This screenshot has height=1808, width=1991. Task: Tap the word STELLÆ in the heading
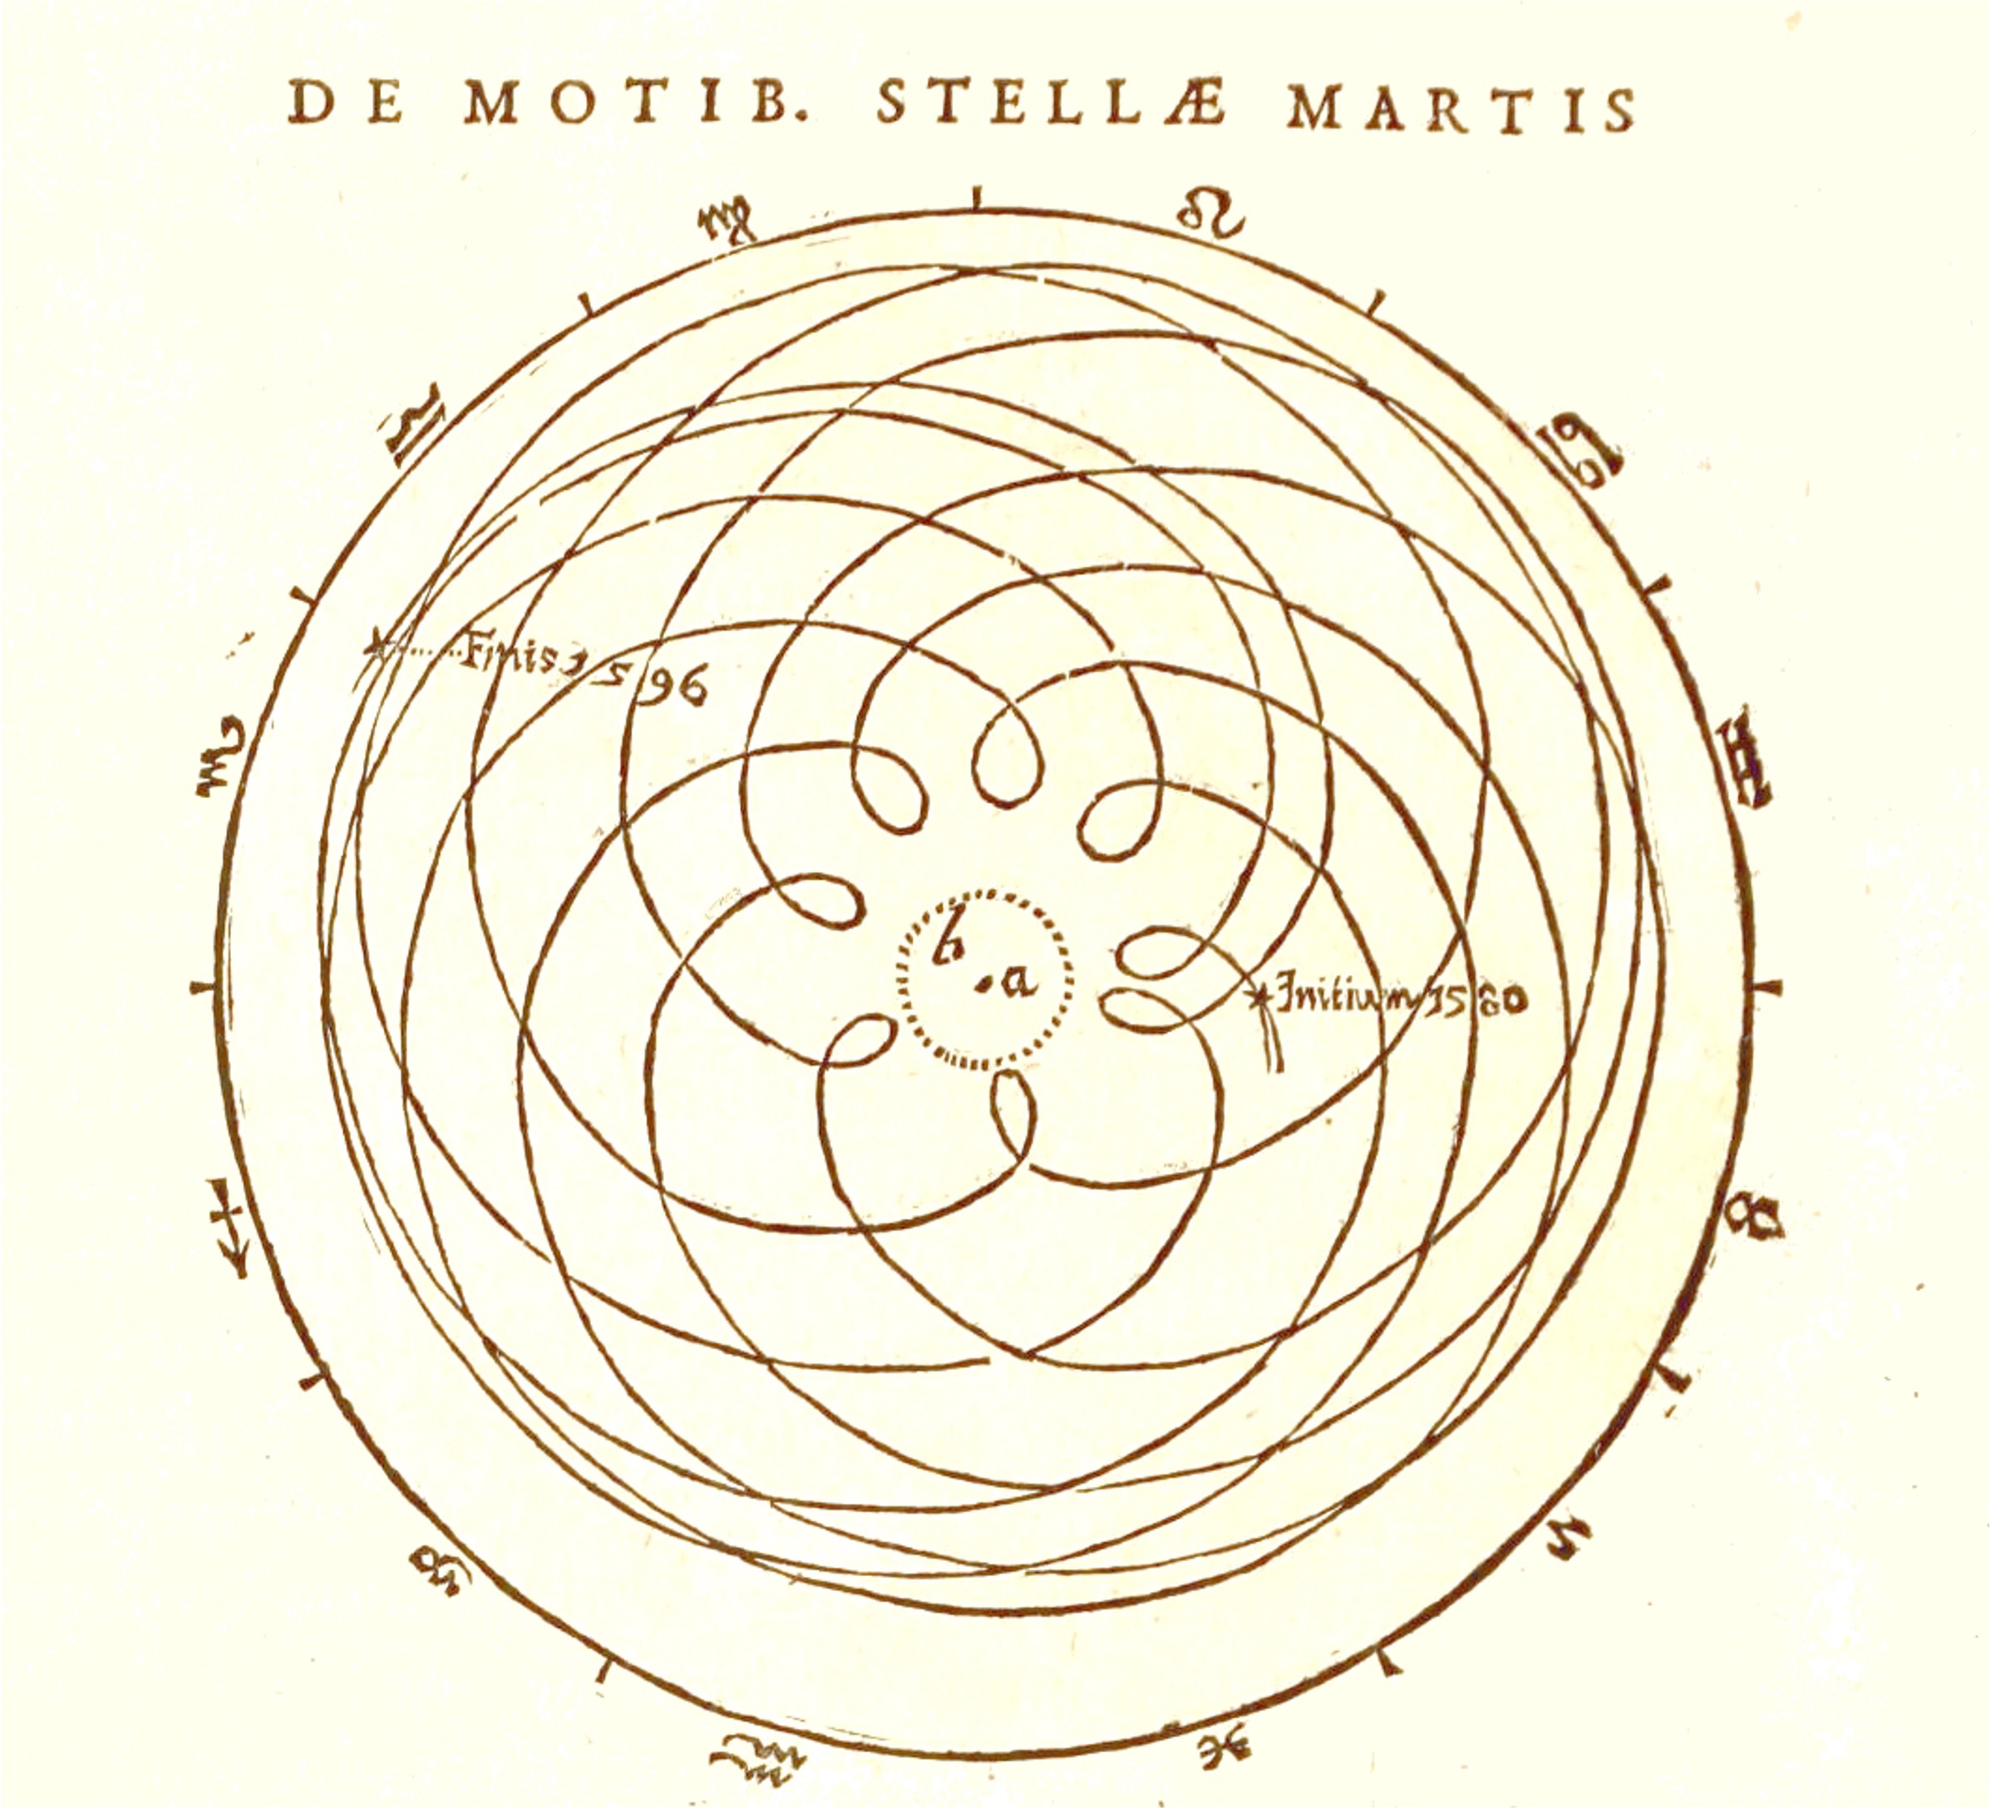coord(1051,106)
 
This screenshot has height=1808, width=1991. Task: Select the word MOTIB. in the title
coord(637,104)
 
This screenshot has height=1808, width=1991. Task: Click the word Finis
coord(508,655)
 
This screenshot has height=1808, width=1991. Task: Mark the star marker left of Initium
coord(1261,995)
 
